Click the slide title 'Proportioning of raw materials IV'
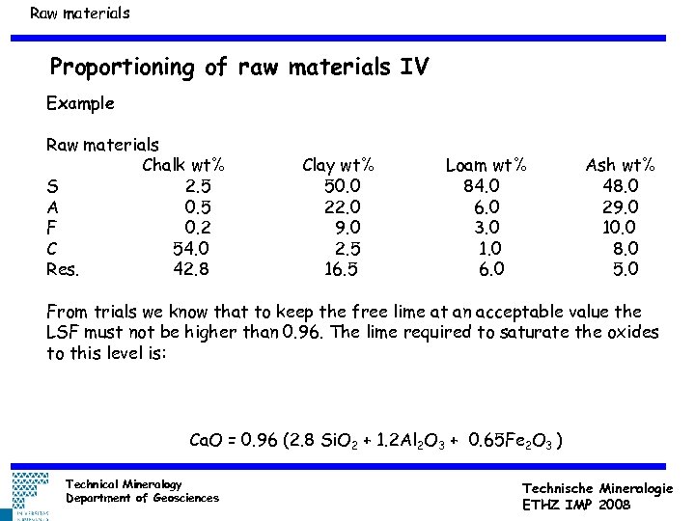coord(239,68)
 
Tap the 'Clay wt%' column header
coord(339,165)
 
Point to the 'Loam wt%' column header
coord(486,165)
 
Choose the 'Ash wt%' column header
coord(621,165)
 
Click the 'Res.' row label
coord(63,270)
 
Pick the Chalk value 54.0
coord(191,249)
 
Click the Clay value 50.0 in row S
coord(343,185)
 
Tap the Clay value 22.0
coord(343,206)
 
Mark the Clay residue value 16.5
coord(341,270)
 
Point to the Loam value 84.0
coord(482,185)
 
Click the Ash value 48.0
coord(620,185)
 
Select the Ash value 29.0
coord(620,206)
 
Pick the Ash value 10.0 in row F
coord(620,228)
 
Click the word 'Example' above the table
coord(80,102)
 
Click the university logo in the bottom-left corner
coord(30,496)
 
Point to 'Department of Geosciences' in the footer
coord(142,498)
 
